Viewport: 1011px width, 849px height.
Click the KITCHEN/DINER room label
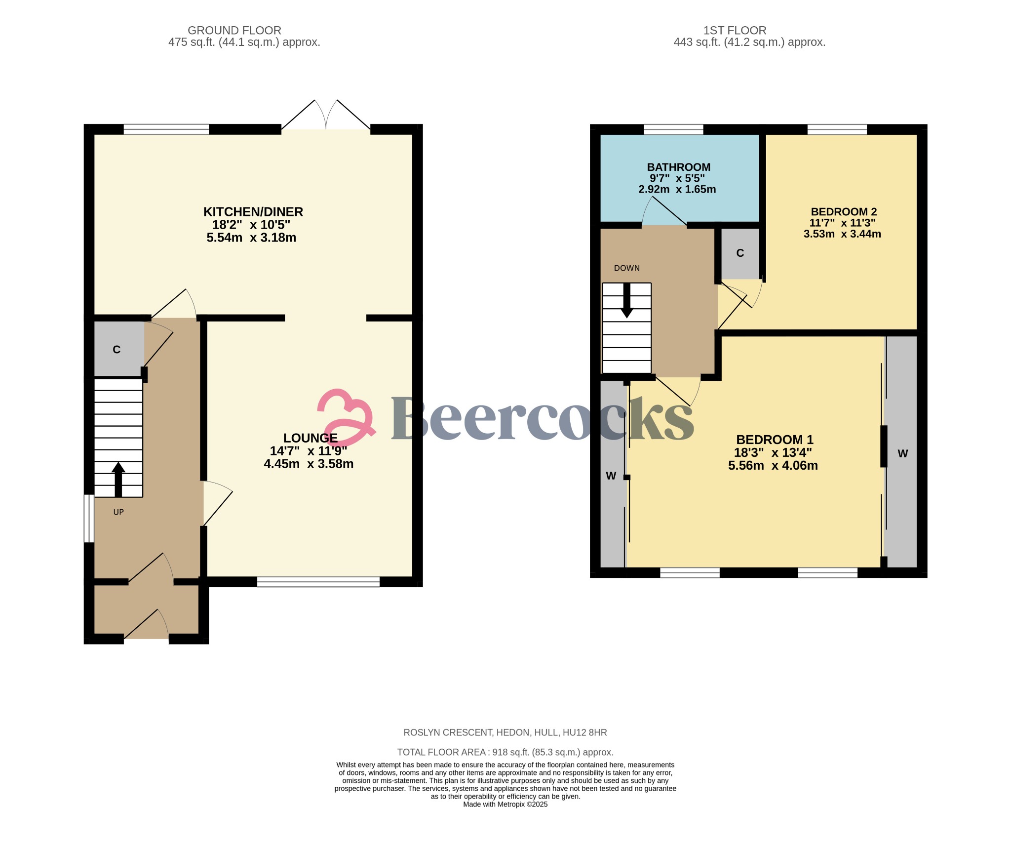click(253, 212)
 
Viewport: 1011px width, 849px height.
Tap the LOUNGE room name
click(310, 438)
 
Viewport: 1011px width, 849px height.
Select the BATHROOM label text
click(679, 167)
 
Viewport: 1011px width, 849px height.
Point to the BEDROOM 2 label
click(844, 212)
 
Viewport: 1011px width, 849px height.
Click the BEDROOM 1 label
click(775, 440)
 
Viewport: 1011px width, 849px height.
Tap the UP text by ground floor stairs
click(118, 512)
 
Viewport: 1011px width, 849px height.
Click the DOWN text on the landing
click(626, 268)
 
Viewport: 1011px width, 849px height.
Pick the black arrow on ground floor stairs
click(118, 479)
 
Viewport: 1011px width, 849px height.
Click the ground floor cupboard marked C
click(117, 350)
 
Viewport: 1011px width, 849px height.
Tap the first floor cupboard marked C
click(740, 253)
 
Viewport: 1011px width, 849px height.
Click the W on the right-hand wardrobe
click(902, 453)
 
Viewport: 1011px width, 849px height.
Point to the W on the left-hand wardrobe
click(611, 476)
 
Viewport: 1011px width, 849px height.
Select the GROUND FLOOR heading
click(234, 31)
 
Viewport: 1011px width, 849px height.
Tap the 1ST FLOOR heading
click(735, 31)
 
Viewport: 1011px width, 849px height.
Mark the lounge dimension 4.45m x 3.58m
click(309, 464)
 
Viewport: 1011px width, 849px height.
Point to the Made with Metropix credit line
click(505, 804)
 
